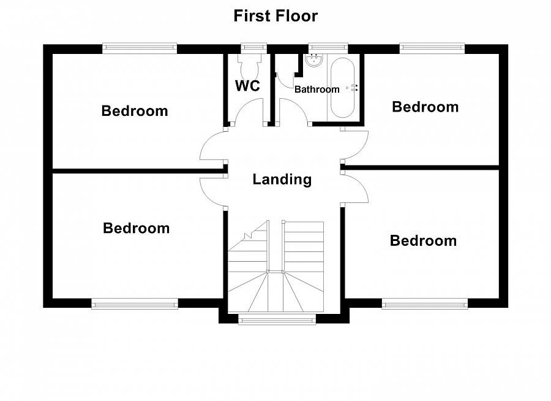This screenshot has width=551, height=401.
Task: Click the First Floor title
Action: point(275,16)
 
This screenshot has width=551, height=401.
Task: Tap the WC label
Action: point(247,86)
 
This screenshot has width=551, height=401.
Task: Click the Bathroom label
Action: point(317,90)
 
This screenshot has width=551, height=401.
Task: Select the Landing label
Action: point(282,179)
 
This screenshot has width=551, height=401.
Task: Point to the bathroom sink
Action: point(314,60)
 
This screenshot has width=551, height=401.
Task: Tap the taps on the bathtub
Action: point(353,88)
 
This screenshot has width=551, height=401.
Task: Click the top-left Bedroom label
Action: point(135,111)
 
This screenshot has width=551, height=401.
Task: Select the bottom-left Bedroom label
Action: point(137,228)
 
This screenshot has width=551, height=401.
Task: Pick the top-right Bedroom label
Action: point(425,107)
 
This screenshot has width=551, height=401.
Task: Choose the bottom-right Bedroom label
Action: point(424,241)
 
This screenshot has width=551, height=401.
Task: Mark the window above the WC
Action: point(253,48)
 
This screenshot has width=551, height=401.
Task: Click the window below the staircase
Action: point(277,319)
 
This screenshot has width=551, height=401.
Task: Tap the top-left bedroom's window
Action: point(140,48)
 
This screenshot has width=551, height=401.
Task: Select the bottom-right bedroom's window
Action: point(425,304)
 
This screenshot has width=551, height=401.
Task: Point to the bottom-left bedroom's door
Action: point(213,192)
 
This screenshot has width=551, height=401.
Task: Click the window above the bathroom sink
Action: point(328,48)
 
